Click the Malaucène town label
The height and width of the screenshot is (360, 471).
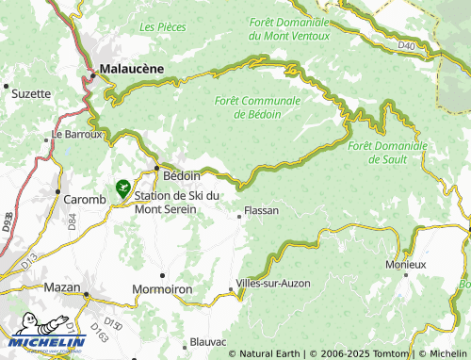point(132,68)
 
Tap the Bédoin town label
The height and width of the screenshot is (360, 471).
point(182,175)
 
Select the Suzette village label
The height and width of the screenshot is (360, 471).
point(32,94)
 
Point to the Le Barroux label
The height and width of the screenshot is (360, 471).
point(76,134)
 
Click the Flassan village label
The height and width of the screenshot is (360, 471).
point(261,210)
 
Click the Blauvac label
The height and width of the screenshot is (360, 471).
point(208,340)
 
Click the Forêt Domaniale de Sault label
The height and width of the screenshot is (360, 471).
point(387,152)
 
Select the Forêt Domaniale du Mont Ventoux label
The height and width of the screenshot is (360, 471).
point(289,28)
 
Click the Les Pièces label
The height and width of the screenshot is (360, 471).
point(162,27)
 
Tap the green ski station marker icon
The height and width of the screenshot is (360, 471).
point(122,188)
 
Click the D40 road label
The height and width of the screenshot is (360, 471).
point(406,44)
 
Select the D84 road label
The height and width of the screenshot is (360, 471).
point(72,222)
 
